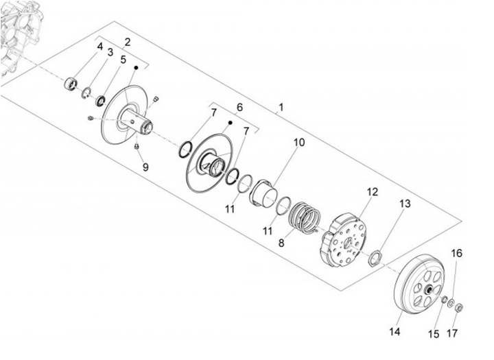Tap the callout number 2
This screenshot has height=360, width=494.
pyautogui.click(x=127, y=42)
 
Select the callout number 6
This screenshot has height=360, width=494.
pyautogui.click(x=239, y=108)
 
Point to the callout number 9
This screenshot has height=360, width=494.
pyautogui.click(x=145, y=167)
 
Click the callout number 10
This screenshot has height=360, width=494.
pyautogui.click(x=299, y=143)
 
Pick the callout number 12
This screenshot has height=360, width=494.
pyautogui.click(x=371, y=192)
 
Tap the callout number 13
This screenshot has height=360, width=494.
pyautogui.click(x=405, y=204)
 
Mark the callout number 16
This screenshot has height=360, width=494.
pyautogui.click(x=456, y=253)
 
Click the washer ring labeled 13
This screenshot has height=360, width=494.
pyautogui.click(x=375, y=258)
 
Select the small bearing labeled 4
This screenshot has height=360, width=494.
pyautogui.click(x=69, y=85)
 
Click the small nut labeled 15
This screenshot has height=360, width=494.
pyautogui.click(x=444, y=299)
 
